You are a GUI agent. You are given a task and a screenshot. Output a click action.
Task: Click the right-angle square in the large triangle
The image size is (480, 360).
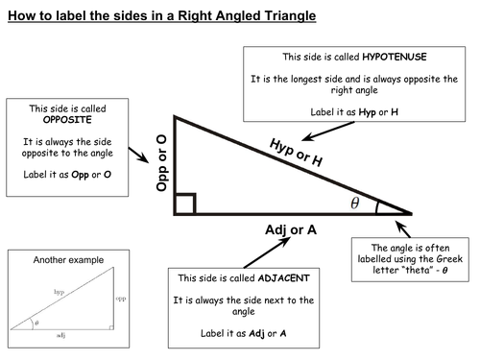coord(186,204)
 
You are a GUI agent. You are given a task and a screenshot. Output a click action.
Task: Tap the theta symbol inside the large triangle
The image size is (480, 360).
coord(355,204)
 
